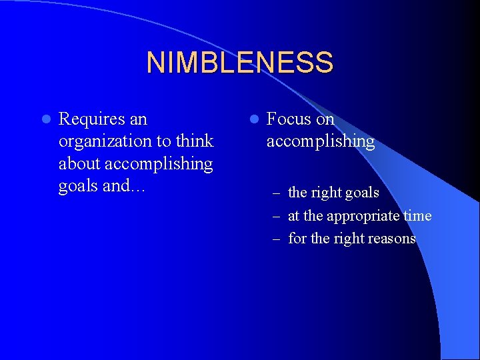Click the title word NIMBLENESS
coord(239,63)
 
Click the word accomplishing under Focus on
coord(320,142)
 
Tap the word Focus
coord(289,119)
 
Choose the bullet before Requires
coord(45,120)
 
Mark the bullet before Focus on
coord(253,120)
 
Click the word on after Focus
coord(325,119)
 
